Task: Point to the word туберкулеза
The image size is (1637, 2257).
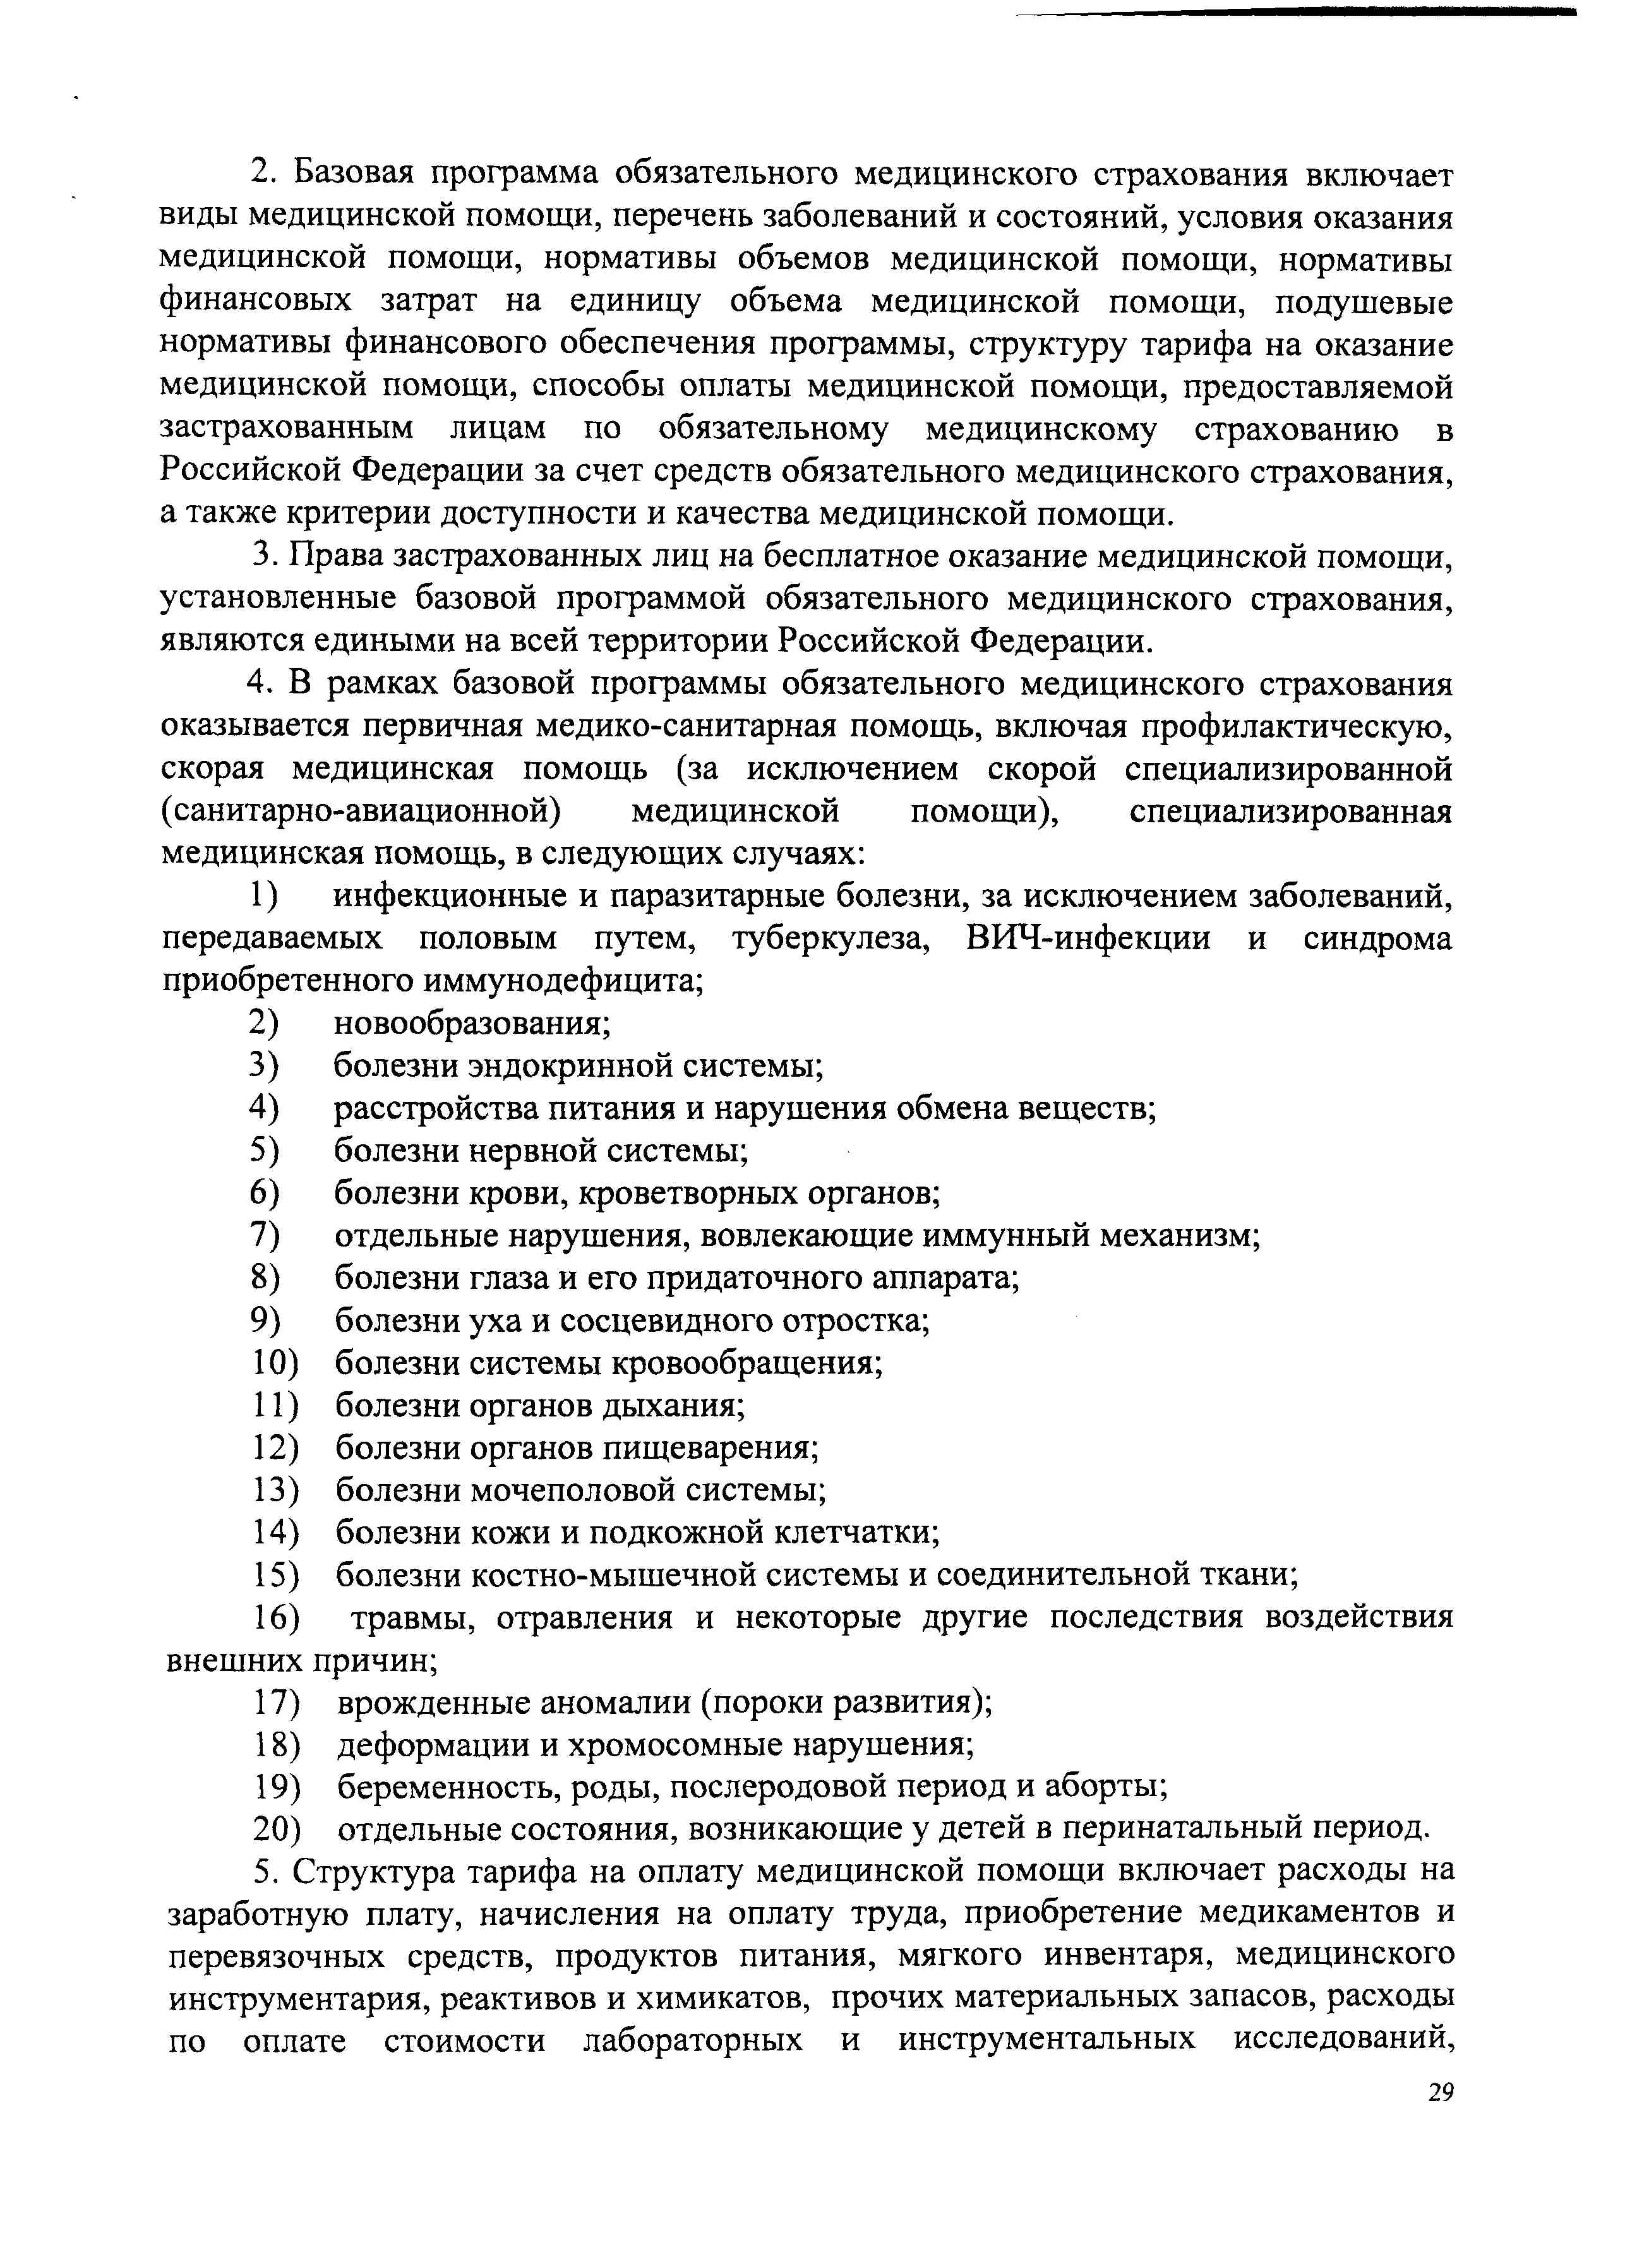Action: pyautogui.click(x=831, y=938)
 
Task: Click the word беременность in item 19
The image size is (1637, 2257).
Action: pyautogui.click(x=450, y=1787)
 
